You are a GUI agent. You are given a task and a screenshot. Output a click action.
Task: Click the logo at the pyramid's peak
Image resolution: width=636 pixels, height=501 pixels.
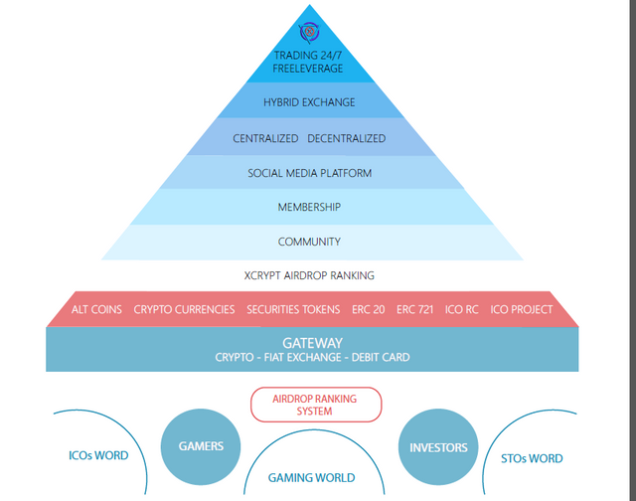coord(309,32)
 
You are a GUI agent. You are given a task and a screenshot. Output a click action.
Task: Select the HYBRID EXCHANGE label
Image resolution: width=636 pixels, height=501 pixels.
coord(309,102)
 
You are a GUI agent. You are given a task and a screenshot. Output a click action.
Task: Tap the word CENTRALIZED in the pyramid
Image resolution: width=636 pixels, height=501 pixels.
coord(265,138)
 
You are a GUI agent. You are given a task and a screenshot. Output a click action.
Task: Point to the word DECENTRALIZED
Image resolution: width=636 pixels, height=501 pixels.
coord(347,138)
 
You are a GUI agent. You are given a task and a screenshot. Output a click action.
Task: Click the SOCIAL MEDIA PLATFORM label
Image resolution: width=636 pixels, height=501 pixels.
coord(309,173)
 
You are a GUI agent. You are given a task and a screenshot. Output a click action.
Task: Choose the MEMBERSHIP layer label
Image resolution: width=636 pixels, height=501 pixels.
coord(309,208)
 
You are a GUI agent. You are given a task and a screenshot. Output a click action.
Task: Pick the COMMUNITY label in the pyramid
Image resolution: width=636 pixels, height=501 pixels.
coord(309,242)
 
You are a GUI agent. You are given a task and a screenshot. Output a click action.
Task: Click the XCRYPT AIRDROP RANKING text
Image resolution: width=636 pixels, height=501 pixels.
coord(309,276)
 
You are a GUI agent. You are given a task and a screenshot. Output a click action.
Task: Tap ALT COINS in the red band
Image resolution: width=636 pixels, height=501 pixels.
coord(96,309)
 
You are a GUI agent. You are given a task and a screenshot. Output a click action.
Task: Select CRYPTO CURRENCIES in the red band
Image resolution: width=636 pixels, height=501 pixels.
coord(184,309)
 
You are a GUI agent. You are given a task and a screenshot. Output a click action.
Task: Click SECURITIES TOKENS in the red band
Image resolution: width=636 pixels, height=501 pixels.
coord(293,309)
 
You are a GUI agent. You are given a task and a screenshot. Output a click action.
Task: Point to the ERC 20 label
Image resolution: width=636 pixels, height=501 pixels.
coord(369,309)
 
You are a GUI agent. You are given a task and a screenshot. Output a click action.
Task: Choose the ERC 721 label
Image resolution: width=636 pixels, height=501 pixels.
coord(415,309)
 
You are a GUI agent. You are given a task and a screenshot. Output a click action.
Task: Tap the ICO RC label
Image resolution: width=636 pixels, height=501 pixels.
coord(461,309)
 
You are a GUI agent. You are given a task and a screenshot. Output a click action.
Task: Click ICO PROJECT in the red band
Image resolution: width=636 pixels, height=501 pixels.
coord(521,309)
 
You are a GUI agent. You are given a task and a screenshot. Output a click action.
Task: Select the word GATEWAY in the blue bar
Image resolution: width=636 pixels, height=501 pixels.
coord(312,343)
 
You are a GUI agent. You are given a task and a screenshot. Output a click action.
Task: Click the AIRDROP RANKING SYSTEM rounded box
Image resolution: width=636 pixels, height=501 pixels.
coord(316,405)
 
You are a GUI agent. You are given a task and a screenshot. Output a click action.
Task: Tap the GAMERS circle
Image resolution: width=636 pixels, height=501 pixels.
coord(201,446)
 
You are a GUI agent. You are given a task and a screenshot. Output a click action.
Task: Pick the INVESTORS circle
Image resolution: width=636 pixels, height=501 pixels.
coord(438,447)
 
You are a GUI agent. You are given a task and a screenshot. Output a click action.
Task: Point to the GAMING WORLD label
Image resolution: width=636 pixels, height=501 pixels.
coord(311,478)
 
